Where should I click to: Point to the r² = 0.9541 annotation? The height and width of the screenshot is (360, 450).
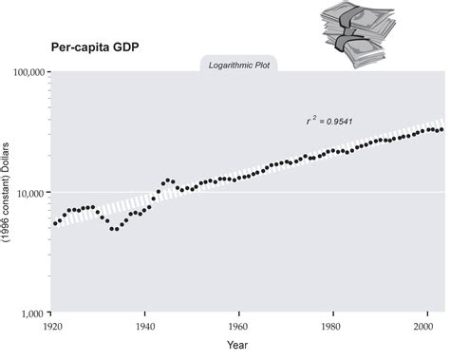point(329,121)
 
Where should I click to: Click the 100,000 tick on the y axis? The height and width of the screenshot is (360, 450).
point(28,72)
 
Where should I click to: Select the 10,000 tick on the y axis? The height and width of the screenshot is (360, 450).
point(30,192)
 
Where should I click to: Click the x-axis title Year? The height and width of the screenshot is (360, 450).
point(238,346)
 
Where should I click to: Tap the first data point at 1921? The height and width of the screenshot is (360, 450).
point(55,223)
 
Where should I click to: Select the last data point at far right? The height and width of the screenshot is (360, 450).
point(441,129)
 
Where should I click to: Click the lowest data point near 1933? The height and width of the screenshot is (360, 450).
point(113,228)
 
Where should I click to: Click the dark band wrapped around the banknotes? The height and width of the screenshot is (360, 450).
point(356,28)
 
